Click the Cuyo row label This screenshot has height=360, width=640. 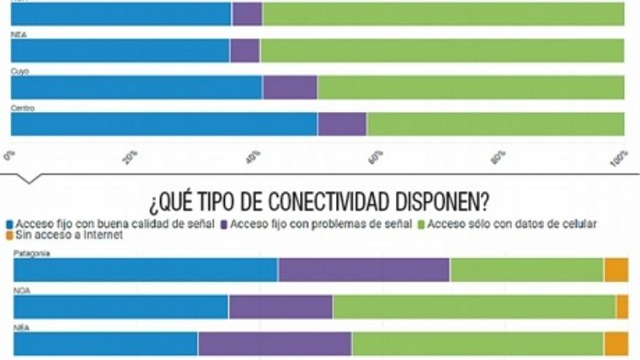click(19, 71)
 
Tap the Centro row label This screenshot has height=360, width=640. click(22, 107)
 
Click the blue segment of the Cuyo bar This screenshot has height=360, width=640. click(136, 87)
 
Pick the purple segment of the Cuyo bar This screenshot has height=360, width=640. click(290, 87)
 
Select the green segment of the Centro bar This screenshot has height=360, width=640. click(494, 124)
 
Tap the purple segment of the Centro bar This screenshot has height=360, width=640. click(342, 124)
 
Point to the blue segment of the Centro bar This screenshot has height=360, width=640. click(163, 124)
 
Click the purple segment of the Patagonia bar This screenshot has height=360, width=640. click(363, 270)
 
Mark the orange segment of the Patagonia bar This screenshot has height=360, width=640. click(615, 270)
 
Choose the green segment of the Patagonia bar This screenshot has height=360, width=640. click(526, 270)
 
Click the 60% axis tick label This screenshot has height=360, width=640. click(378, 155)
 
